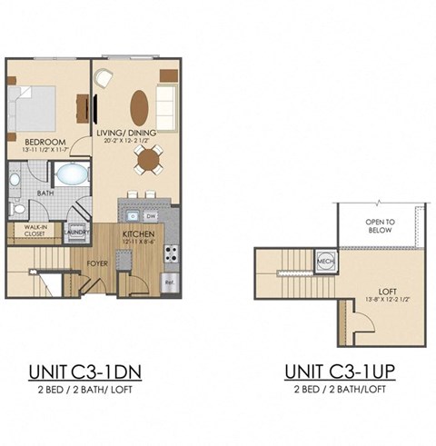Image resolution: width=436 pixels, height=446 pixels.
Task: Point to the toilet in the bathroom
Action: point(18,208)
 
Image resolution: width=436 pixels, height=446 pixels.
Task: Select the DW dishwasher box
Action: point(151,216)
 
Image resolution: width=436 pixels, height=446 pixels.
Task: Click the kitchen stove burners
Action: point(170,254)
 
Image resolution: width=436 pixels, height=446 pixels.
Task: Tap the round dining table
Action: point(147,161)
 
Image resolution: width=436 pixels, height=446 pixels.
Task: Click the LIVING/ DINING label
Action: point(126,134)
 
